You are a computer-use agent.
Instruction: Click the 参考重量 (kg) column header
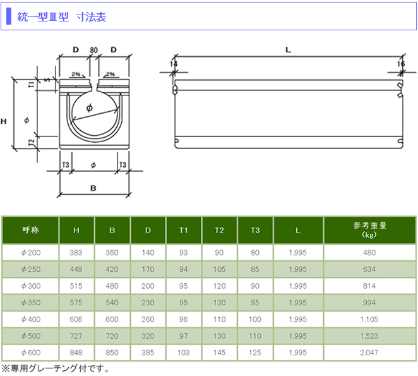pos(370,230)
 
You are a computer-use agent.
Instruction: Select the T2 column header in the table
pos(219,230)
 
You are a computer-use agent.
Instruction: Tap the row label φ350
pos(31,303)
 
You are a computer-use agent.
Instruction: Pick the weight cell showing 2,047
pos(369,353)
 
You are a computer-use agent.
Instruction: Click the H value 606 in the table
pos(76,319)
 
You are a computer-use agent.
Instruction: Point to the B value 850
pos(112,353)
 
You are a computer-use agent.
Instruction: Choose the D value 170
pos(148,269)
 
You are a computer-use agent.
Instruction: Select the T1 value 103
pos(183,353)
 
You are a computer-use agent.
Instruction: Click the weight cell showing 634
pos(369,269)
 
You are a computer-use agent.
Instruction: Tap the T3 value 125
pos(255,353)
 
